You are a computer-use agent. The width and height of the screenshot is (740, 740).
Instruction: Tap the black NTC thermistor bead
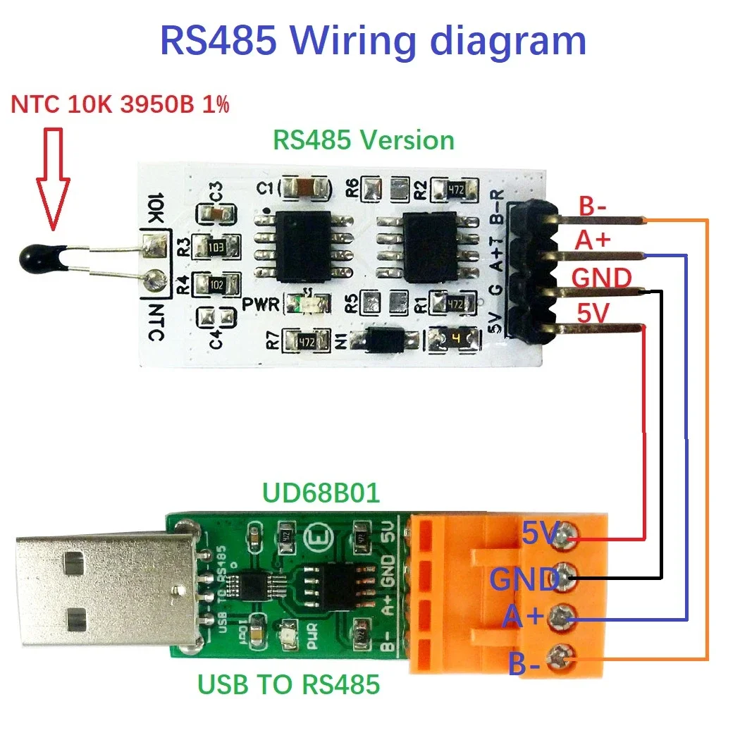47,256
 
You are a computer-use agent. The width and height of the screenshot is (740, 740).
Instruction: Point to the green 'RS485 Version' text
363,140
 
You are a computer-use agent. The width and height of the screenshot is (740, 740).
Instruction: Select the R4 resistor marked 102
216,284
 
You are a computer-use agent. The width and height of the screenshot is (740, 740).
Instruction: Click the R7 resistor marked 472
305,341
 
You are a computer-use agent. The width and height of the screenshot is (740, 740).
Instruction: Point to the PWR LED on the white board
309,304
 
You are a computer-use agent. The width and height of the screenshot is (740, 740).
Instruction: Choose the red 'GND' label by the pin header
601,278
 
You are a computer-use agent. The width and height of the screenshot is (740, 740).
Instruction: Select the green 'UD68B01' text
321,493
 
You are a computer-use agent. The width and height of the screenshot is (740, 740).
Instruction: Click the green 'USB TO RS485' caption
288,684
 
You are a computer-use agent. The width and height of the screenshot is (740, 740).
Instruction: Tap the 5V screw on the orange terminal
562,539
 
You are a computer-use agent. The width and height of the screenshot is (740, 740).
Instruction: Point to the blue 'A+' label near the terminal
522,617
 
